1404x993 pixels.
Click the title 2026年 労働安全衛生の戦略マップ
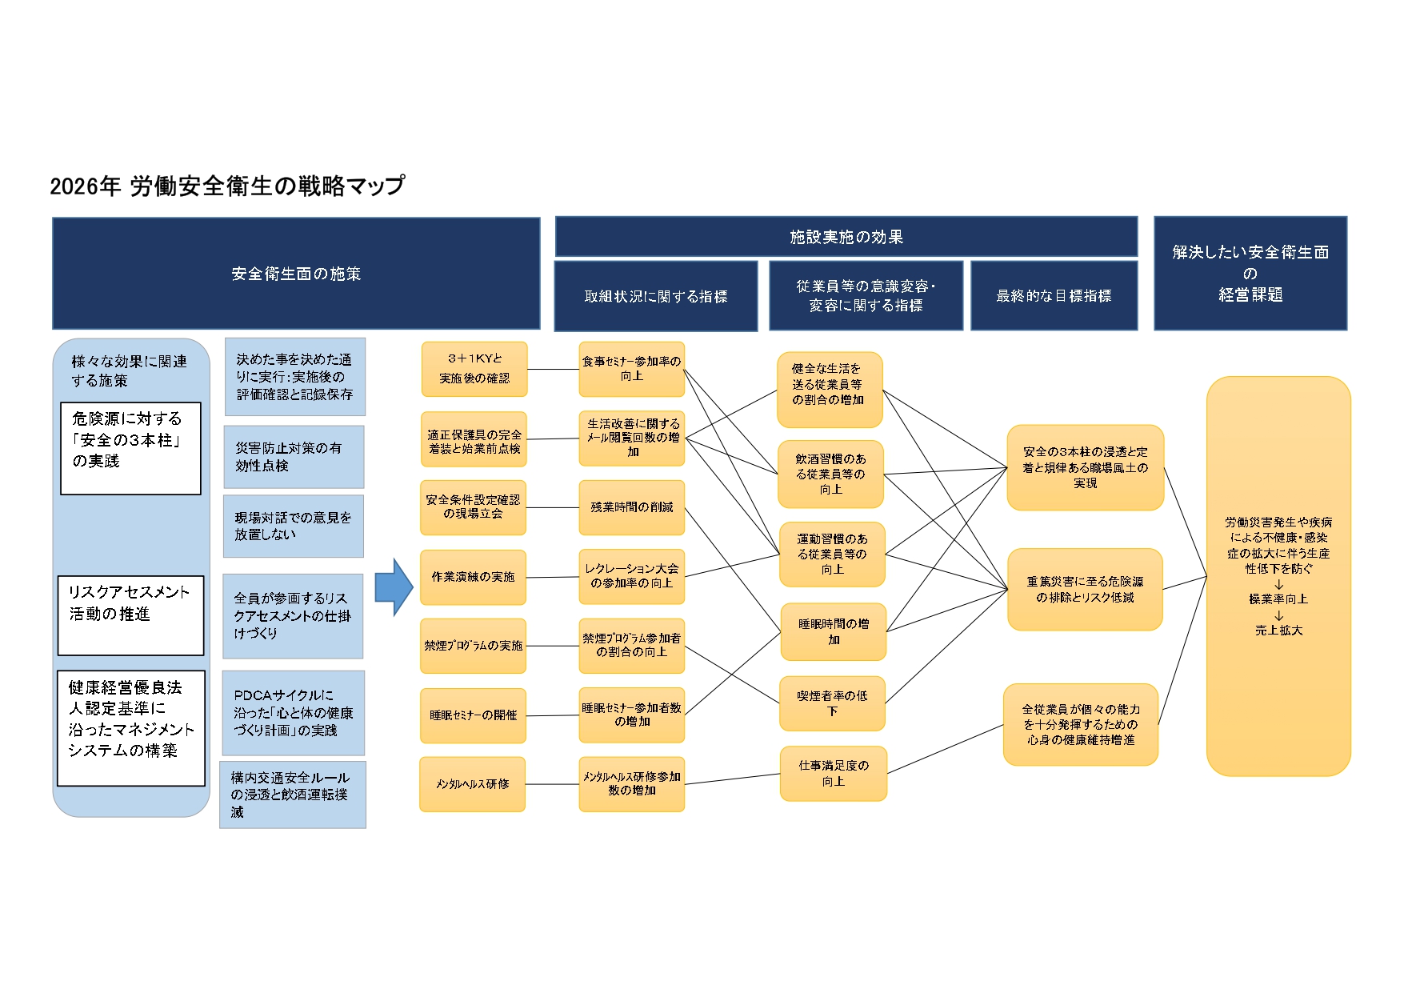click(227, 186)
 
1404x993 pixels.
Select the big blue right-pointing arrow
click(393, 587)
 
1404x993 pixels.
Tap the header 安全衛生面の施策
click(296, 274)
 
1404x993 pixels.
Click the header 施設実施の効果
click(846, 237)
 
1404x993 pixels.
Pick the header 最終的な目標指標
click(1054, 296)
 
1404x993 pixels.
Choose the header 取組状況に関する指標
click(655, 297)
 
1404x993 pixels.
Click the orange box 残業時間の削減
click(631, 507)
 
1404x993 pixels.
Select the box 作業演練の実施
click(473, 577)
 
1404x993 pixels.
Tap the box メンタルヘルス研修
click(472, 784)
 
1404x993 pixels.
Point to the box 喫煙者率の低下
click(832, 703)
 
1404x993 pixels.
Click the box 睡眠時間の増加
click(833, 631)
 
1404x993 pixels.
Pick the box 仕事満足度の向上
click(833, 773)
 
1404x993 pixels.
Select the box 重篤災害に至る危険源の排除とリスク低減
click(1084, 590)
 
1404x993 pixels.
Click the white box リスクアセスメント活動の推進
click(130, 615)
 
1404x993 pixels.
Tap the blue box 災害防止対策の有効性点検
click(294, 457)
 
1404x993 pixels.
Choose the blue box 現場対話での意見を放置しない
click(293, 526)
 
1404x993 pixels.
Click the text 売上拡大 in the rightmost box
click(1278, 631)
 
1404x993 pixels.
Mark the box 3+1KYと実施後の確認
click(474, 369)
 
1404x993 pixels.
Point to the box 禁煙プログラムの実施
click(473, 646)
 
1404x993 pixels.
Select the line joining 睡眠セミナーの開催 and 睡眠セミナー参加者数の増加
click(553, 715)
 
